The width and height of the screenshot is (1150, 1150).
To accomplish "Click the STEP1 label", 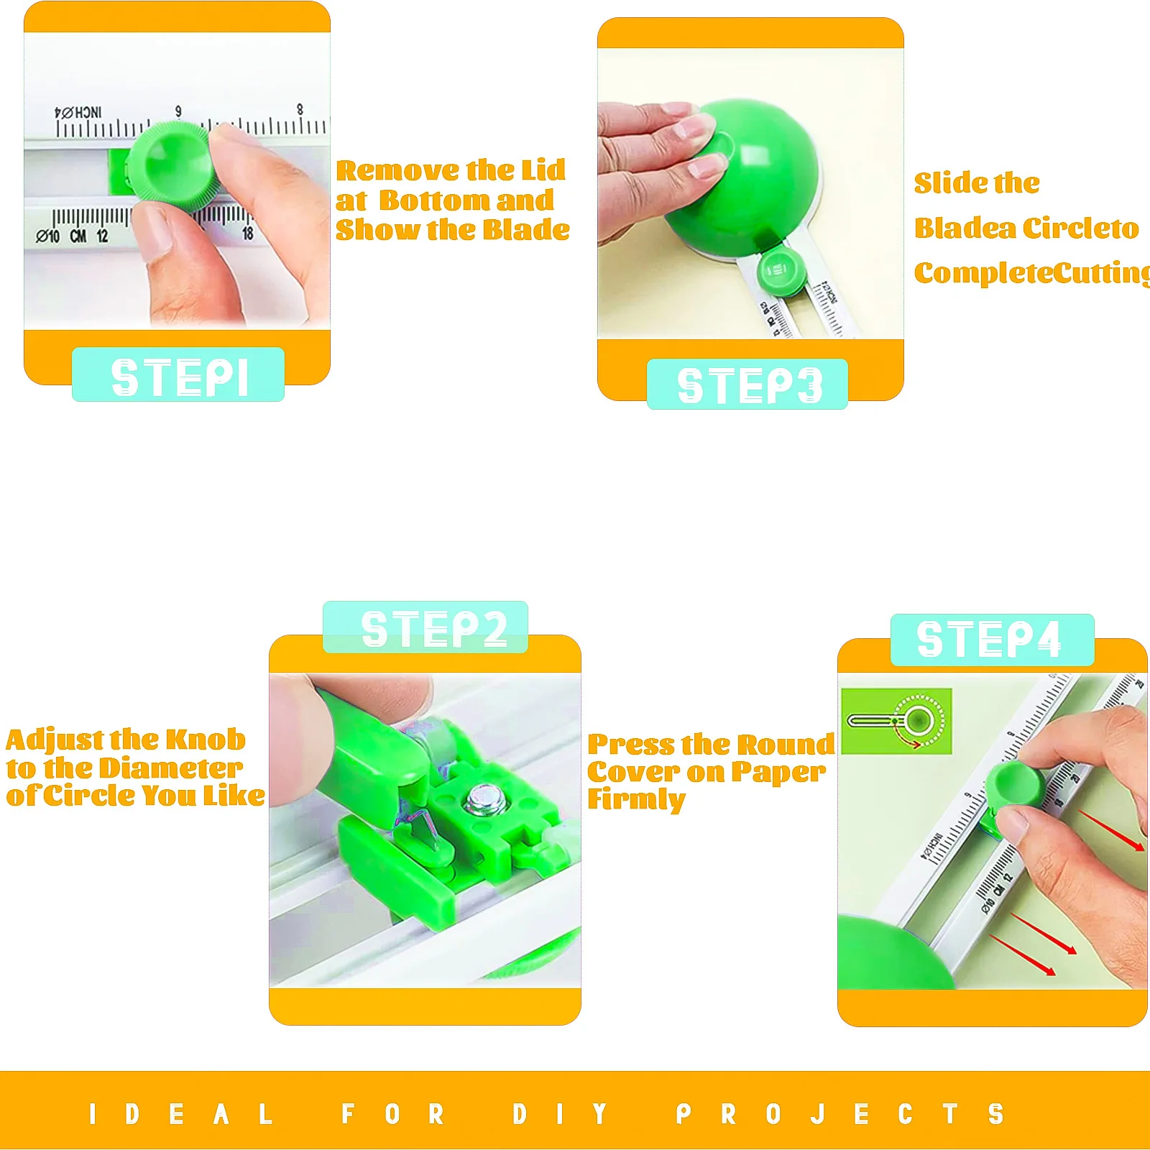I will coord(178,376).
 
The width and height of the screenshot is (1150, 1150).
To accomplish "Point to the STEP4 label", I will coord(991,639).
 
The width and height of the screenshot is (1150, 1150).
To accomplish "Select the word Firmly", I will coord(636,799).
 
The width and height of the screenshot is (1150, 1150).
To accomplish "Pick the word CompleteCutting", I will coord(1032,273).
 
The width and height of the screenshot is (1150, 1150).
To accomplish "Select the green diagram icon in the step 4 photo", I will coord(896,721).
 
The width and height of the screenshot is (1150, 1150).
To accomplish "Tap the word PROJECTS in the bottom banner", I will coord(839,1114).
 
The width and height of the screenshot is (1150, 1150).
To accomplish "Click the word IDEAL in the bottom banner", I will coord(180,1114).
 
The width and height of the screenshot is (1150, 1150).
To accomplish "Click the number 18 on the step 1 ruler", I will coord(247,234).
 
